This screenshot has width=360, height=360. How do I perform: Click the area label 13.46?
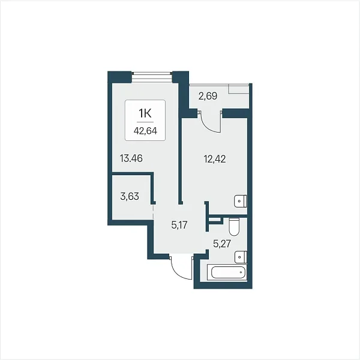pos(131,158)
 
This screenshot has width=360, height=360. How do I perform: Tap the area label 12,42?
pos(215,159)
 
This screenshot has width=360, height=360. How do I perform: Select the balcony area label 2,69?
pos(208,96)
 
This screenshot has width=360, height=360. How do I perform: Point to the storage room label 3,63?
pos(130,197)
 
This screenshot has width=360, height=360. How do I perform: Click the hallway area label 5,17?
pos(179,225)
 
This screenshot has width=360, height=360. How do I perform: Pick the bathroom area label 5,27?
pos(222,244)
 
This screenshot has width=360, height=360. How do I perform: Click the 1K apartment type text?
pos(145,113)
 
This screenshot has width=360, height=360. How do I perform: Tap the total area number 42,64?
pos(145,131)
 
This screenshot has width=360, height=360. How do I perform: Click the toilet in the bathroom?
pos(234,227)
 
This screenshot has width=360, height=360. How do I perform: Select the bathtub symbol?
pos(227,272)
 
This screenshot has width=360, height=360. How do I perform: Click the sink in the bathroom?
pos(241,257)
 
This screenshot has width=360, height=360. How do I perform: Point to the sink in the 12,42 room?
pos(241,202)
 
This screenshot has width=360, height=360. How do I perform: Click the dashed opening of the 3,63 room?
pos(153,212)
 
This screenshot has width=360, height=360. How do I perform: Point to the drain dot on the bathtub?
pos(241,272)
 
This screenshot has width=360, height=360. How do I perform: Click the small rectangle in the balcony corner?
pos(239,89)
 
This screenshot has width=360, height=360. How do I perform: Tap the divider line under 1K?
pos(145,122)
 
